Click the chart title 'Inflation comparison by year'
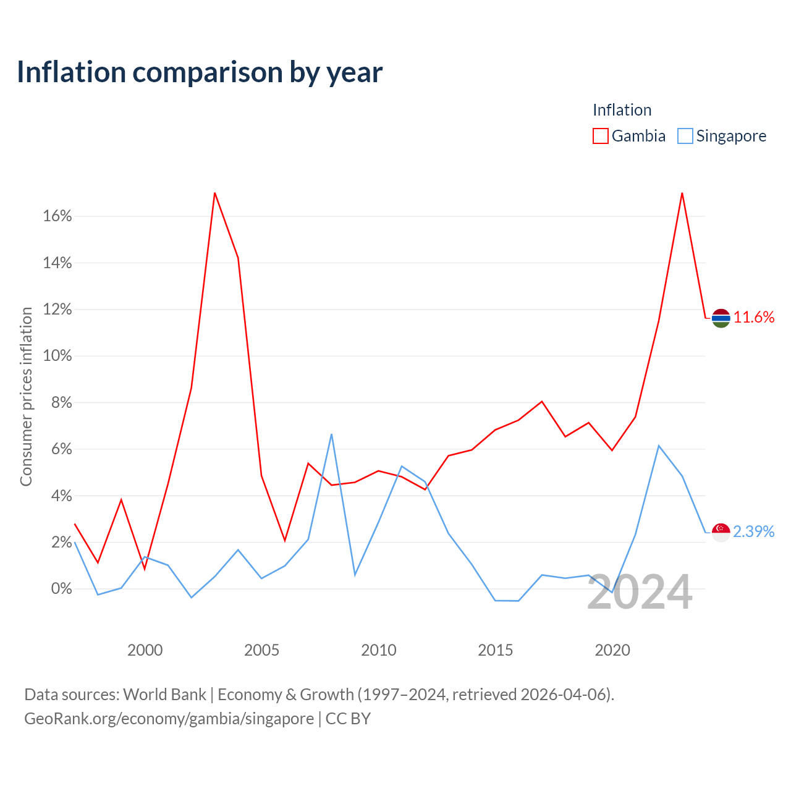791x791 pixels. [200, 72]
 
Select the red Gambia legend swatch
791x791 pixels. [600, 136]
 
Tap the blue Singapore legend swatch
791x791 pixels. [685, 136]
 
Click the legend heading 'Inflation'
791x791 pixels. [622, 110]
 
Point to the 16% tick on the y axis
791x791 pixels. [57, 216]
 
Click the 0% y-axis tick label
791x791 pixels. [61, 589]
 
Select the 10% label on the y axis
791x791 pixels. [57, 355]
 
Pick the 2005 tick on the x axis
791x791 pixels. [261, 650]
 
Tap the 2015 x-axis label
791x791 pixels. [496, 650]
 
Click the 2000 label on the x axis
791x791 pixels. [145, 650]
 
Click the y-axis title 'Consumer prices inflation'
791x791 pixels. [26, 397]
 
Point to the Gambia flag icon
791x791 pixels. [721, 318]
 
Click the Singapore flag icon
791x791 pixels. [721, 533]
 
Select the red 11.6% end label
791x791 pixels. [754, 317]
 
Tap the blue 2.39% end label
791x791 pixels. [754, 531]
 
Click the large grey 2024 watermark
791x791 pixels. [640, 592]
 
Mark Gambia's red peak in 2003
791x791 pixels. [214, 193]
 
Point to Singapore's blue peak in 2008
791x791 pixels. [331, 434]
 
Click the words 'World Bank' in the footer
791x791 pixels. [164, 695]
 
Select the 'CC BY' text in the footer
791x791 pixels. [348, 719]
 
